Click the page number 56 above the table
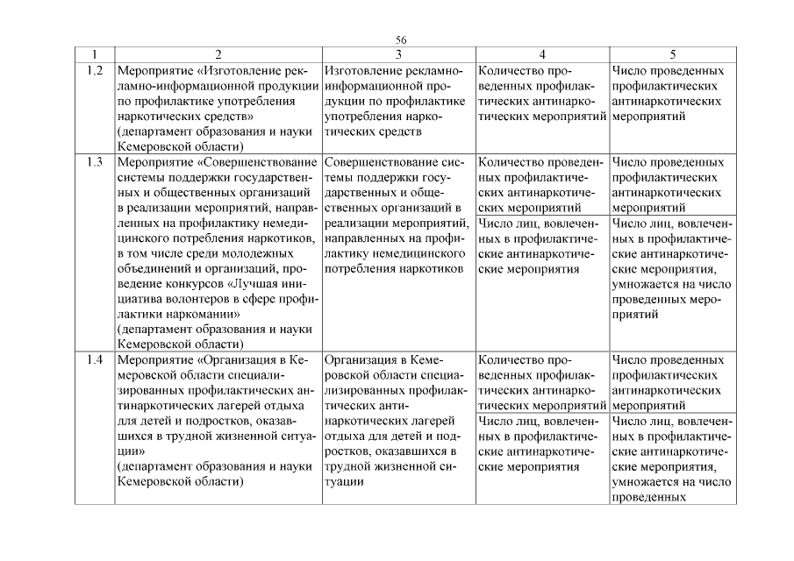pos(401,40)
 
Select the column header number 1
pos(94,54)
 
